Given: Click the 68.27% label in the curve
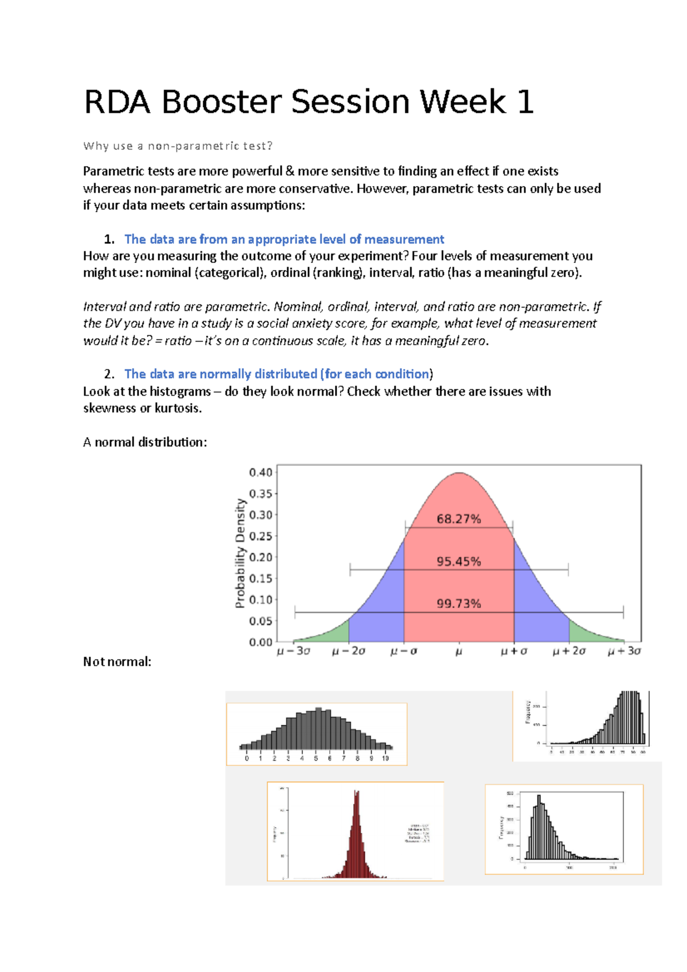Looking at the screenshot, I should coord(459,519).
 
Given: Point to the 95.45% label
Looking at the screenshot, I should coord(459,562).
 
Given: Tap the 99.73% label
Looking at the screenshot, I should coord(459,603).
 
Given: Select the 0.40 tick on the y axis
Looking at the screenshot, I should coord(260,472).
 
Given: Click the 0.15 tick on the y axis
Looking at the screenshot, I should coord(260,579).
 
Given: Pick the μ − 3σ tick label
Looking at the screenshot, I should coord(294,651).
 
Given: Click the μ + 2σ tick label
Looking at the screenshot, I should coord(569,651).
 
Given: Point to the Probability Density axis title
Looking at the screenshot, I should coord(240,553).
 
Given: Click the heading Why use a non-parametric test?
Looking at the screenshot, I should coord(178,146).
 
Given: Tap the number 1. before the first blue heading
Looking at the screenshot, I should coord(109,239).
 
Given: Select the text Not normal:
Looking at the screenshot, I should coord(117,662).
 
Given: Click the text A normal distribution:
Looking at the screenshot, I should coord(145,442).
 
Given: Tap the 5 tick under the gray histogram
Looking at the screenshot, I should coord(316,758).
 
